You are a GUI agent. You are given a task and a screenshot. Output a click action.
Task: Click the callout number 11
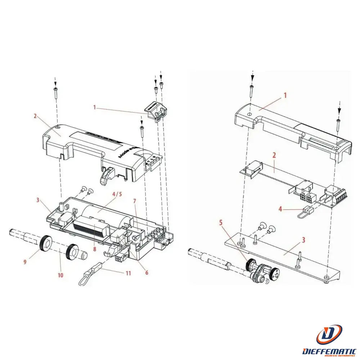click(128, 273)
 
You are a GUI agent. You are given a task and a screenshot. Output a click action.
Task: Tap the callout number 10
click(60, 275)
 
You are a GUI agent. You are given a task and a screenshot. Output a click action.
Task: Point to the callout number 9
click(25, 262)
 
